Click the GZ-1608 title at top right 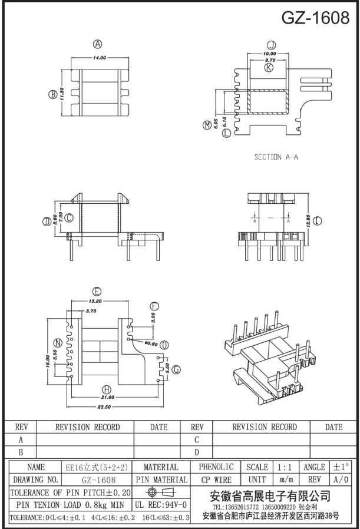point(315,18)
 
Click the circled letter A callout point(98,44)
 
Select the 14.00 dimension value point(99,58)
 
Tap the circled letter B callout point(52,94)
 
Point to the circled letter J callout point(270,45)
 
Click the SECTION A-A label point(276,157)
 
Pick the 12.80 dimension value point(307,221)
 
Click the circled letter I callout point(318,221)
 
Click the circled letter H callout point(107,389)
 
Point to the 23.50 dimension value point(104,407)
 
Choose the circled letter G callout point(176,370)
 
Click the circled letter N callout point(57,343)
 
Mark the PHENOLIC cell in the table point(216,467)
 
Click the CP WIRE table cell point(216,480)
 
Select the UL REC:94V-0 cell point(161,505)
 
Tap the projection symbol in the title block point(161,492)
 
